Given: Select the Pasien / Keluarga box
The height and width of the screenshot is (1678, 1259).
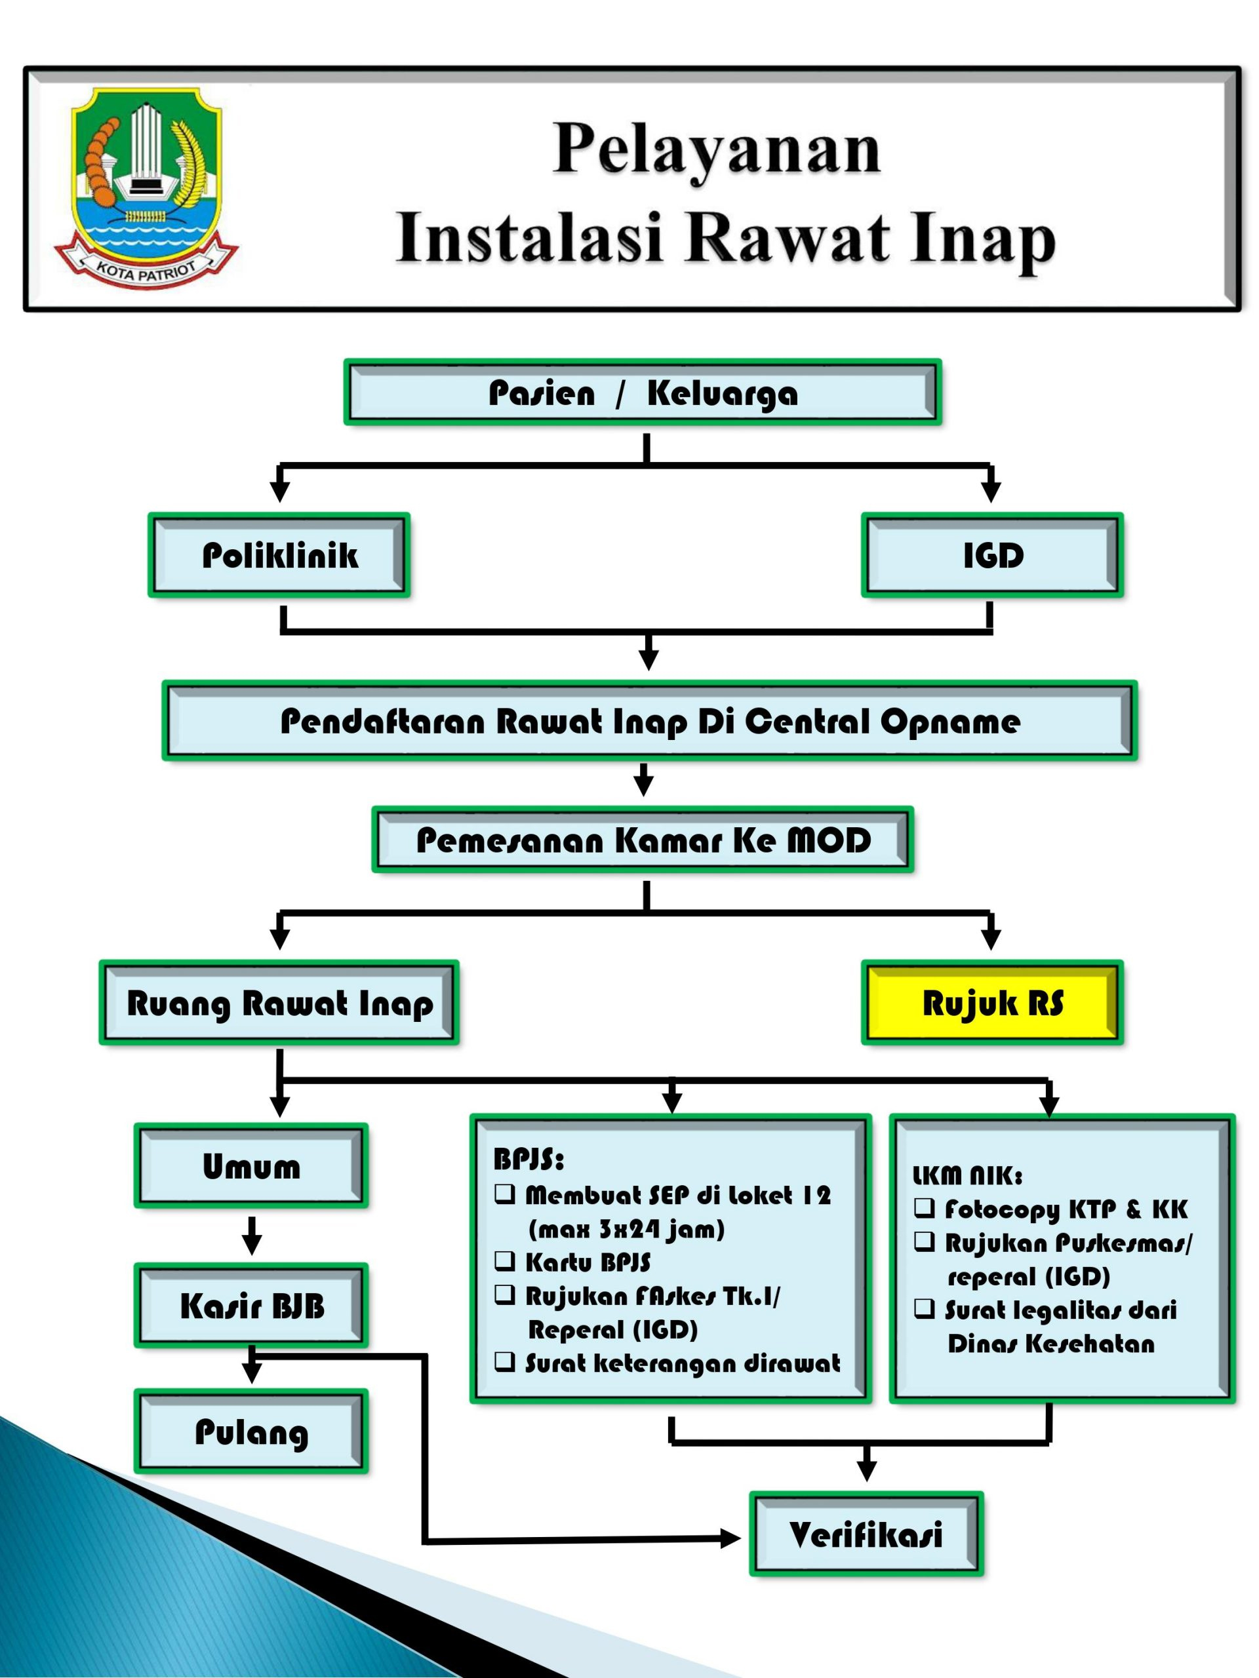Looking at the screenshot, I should click(642, 392).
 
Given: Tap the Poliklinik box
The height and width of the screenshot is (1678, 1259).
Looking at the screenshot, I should click(279, 555).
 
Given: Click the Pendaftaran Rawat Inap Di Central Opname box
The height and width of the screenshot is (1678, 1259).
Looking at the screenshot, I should click(649, 720).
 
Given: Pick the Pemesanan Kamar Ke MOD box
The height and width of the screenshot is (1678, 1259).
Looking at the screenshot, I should click(642, 839).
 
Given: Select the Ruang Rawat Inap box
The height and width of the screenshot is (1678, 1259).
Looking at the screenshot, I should click(279, 1002).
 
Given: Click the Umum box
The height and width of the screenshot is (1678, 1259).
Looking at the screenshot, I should click(250, 1165).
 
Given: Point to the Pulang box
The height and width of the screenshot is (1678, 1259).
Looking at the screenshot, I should click(250, 1431).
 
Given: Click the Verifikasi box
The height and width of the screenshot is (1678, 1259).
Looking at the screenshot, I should click(865, 1534).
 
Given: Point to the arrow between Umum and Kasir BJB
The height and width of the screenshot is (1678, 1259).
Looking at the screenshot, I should click(251, 1234).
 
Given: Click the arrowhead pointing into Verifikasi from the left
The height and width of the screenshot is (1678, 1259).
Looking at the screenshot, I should click(729, 1538).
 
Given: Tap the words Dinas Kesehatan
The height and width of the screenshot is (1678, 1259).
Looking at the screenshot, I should click(1050, 1344).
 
